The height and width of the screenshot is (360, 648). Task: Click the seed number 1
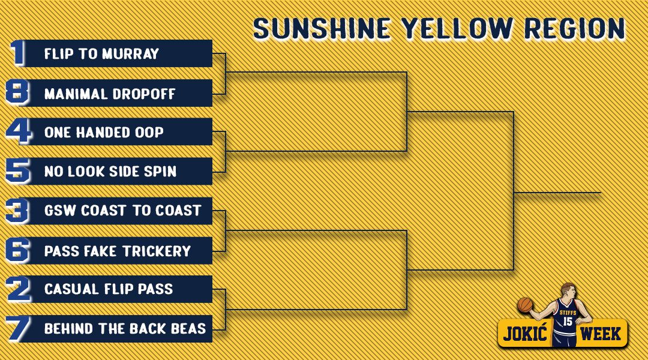(17, 52)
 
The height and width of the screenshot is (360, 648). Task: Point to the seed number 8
(17, 92)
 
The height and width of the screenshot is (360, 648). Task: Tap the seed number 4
(19, 131)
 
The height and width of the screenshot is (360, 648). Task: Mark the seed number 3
(17, 211)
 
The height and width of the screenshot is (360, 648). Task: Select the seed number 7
(18, 329)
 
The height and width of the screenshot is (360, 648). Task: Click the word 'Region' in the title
(575, 29)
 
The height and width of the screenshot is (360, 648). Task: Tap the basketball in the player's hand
(525, 305)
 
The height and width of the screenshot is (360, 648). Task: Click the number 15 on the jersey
(568, 321)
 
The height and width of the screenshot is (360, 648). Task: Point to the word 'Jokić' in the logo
(525, 333)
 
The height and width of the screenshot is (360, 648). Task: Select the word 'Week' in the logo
(601, 334)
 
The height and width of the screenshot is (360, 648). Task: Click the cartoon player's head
(568, 292)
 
